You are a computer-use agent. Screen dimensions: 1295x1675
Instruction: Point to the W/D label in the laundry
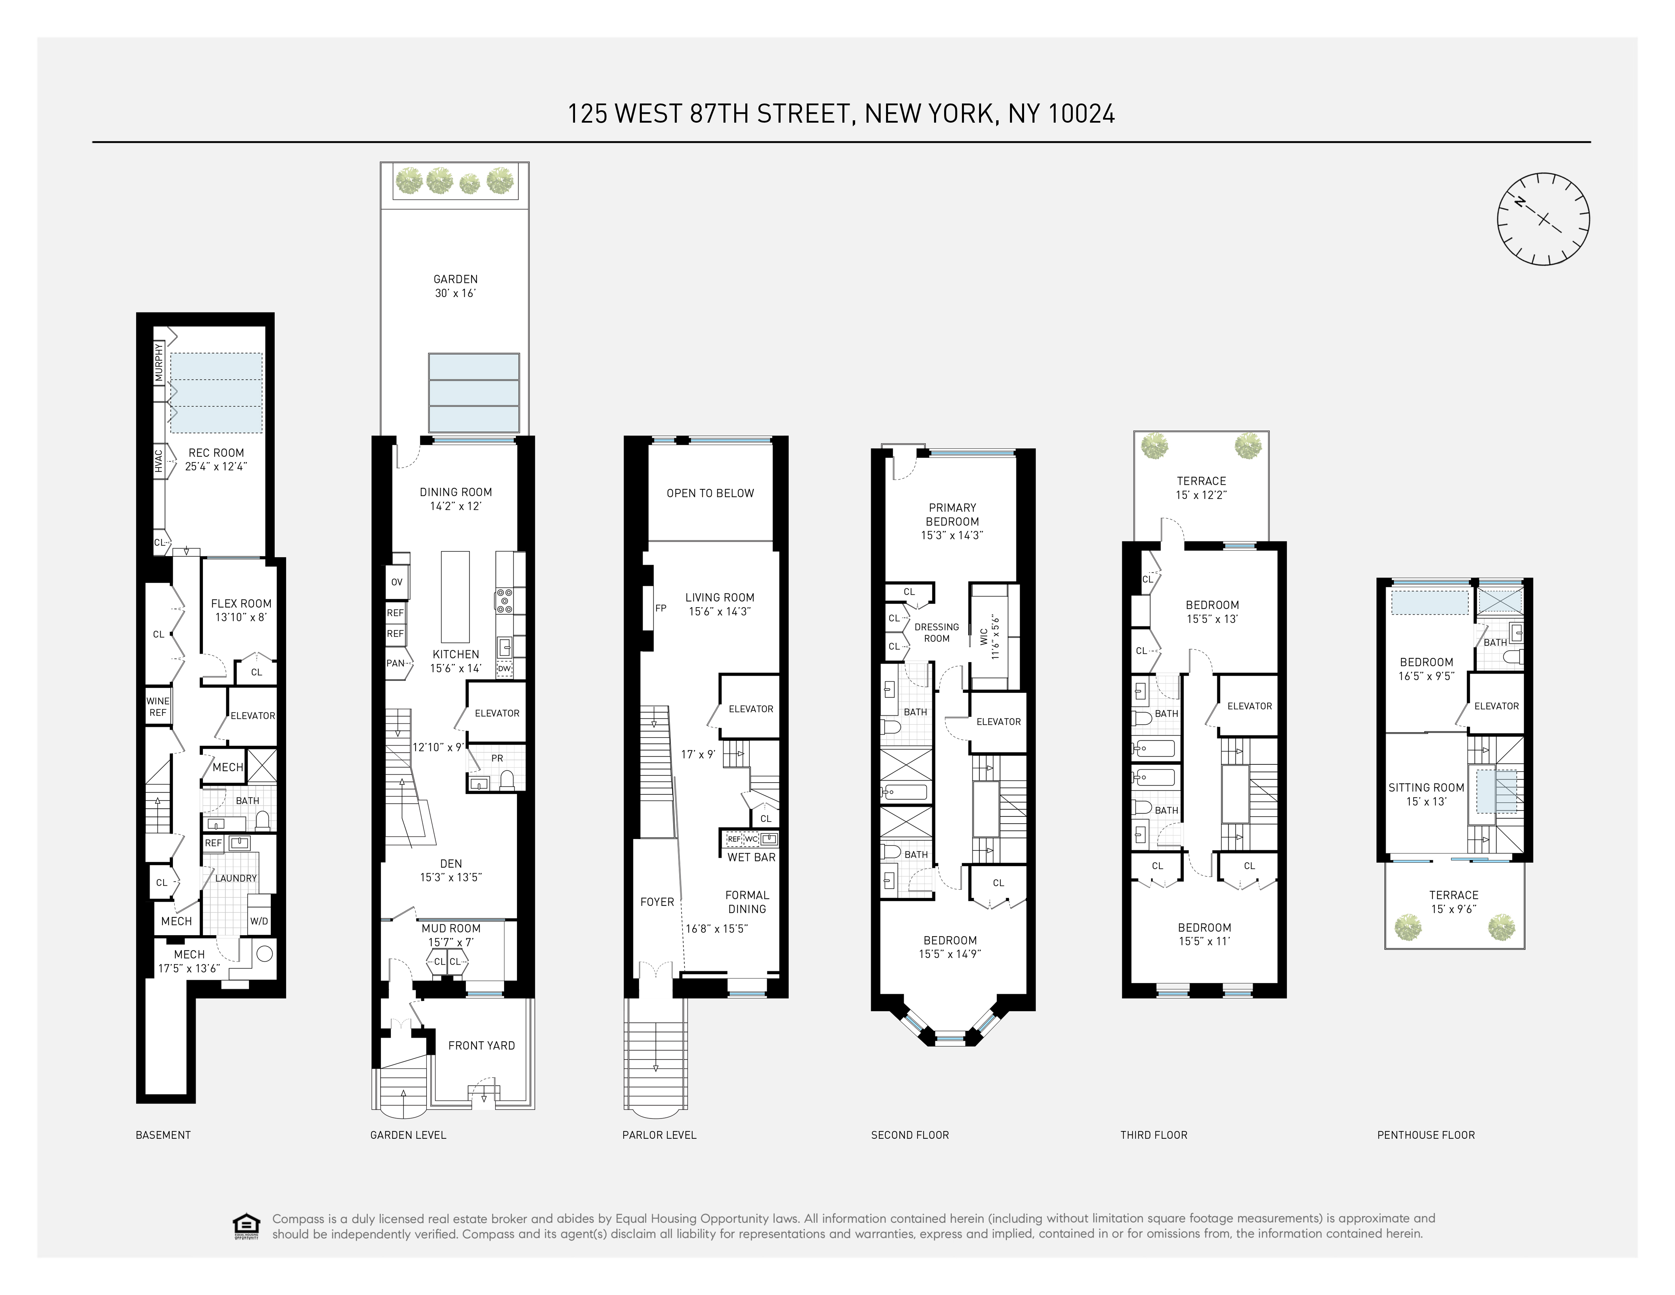click(259, 921)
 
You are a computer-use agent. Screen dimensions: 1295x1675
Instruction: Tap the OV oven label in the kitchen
click(397, 582)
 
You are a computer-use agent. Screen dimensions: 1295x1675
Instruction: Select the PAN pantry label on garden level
click(395, 663)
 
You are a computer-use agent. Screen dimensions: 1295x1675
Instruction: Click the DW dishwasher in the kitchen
click(504, 669)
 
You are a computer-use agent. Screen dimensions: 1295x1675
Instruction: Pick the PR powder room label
click(497, 758)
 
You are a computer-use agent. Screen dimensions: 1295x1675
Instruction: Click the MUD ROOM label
click(451, 928)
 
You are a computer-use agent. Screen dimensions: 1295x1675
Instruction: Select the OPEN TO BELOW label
click(710, 493)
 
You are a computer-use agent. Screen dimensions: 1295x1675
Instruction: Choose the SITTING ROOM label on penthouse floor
click(1426, 788)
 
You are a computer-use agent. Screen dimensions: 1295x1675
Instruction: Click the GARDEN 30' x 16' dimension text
click(455, 293)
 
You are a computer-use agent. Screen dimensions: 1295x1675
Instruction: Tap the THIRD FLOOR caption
click(1153, 1135)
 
